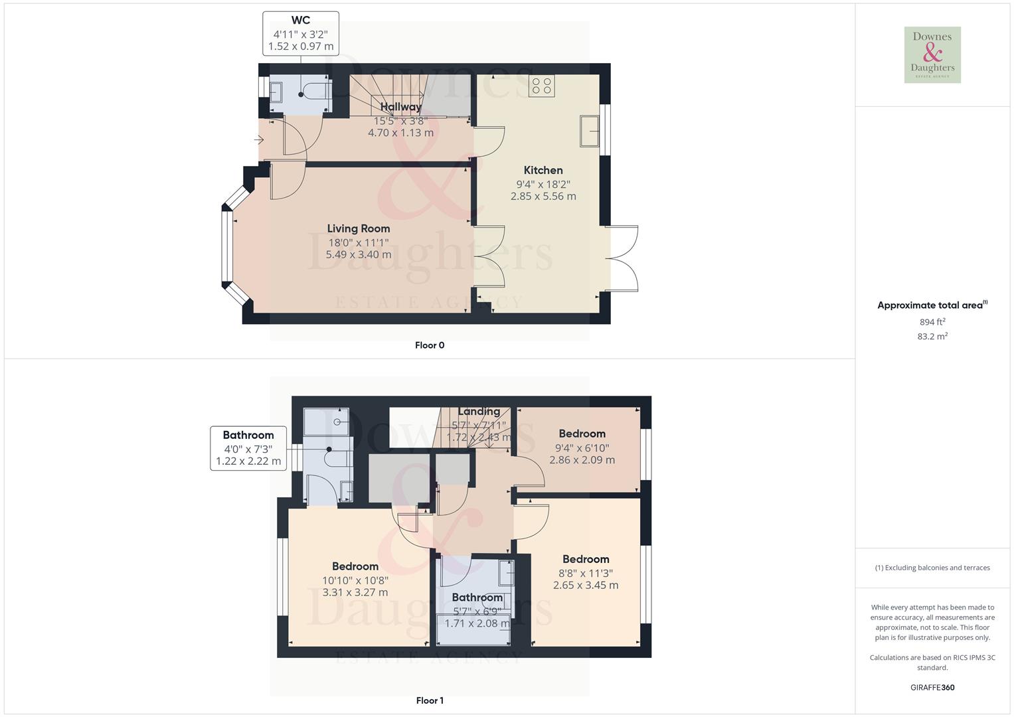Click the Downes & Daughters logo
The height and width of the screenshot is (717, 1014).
pos(932,54)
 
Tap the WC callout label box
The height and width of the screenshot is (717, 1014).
pos(301,33)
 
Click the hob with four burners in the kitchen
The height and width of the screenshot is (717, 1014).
pos(541,86)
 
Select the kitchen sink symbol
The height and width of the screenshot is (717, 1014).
pos(588,131)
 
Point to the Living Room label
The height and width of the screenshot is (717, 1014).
pos(358,228)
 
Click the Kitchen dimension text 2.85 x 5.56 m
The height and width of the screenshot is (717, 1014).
pos(543,197)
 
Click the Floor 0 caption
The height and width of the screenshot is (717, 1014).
pos(430,345)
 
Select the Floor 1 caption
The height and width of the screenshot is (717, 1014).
pos(430,700)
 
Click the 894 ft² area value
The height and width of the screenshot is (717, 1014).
pos(932,322)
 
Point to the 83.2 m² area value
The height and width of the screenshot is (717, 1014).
pos(932,337)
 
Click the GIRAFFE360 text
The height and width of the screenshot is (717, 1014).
pos(932,687)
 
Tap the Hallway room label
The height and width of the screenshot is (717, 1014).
pos(400,107)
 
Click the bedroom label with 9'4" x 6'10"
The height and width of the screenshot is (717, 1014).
pos(582,434)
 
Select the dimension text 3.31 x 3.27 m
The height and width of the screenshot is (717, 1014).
pos(355,592)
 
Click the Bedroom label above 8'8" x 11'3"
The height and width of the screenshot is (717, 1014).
pos(585,559)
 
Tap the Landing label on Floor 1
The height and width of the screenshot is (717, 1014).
pos(478,412)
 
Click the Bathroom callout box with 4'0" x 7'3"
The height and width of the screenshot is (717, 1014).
pos(248,448)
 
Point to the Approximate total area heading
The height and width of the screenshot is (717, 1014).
pos(932,305)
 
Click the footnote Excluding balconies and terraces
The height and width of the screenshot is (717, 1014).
pos(932,568)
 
